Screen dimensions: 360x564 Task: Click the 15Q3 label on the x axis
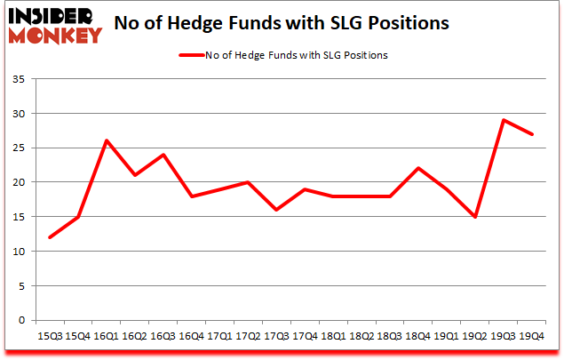click(49, 337)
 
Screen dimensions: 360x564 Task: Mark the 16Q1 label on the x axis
click(107, 337)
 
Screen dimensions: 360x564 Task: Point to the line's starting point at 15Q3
click(49, 237)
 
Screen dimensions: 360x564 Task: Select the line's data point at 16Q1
click(107, 140)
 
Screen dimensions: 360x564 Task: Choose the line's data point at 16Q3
click(163, 155)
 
